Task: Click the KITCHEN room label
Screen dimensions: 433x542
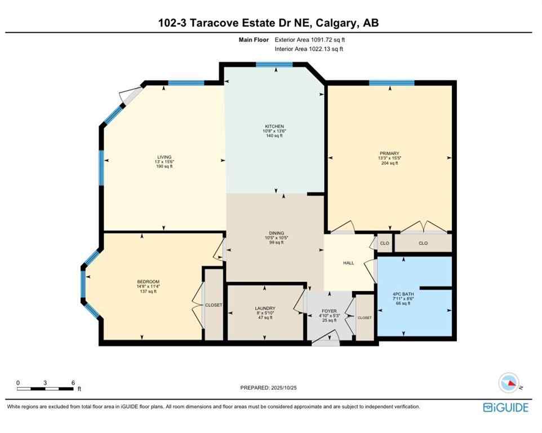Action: tap(275, 126)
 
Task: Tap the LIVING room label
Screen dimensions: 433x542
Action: tap(164, 157)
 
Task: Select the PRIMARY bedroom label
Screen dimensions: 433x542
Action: tap(389, 153)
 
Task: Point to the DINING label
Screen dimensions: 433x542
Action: tap(276, 233)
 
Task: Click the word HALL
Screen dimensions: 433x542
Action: tap(349, 263)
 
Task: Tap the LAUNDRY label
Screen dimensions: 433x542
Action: tap(264, 308)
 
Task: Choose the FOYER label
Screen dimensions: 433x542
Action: tap(329, 311)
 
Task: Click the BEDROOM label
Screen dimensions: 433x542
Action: tap(148, 282)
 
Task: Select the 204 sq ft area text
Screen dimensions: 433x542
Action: tap(389, 164)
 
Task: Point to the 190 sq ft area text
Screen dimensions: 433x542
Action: tap(164, 167)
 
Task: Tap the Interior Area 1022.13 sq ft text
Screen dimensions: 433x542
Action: tap(309, 49)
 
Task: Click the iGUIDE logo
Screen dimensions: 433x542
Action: tap(506, 407)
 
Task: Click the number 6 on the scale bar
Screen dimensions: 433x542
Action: tap(73, 382)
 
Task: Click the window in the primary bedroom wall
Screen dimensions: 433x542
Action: tap(392, 83)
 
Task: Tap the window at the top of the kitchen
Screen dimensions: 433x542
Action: tap(274, 64)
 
